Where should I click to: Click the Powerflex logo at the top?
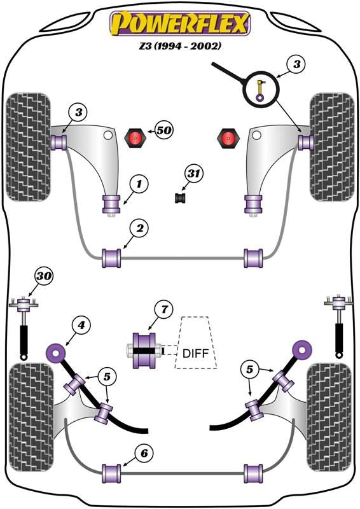(x=180, y=23)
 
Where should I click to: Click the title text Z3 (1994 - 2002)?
(x=180, y=46)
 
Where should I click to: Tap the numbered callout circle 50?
(x=164, y=130)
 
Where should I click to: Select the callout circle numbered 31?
(x=193, y=174)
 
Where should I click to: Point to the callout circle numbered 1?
(x=139, y=184)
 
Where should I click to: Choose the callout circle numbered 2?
(x=139, y=228)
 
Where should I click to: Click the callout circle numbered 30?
(x=44, y=276)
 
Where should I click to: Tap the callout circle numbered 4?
(x=81, y=324)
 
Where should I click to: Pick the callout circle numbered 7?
(x=164, y=309)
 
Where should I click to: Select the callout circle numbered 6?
(x=144, y=453)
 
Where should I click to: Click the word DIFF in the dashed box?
(x=195, y=353)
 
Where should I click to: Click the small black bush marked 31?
(x=180, y=198)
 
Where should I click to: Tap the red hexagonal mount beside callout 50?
(x=135, y=138)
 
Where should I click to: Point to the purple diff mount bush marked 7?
(x=144, y=351)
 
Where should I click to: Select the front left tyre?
(x=28, y=147)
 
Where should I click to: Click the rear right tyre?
(x=329, y=417)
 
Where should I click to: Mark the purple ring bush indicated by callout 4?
(x=56, y=352)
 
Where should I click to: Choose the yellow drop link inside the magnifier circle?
(x=260, y=91)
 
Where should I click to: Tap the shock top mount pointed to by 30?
(x=24, y=305)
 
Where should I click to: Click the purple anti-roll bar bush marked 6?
(x=111, y=473)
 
